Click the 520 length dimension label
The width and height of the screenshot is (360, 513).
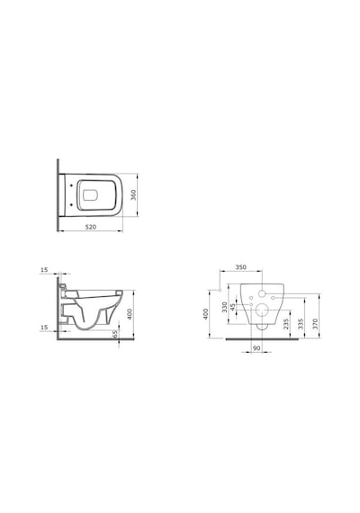tap(91, 227)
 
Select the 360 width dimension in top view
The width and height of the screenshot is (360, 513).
tap(133, 195)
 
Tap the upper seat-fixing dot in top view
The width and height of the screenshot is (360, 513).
tap(71, 186)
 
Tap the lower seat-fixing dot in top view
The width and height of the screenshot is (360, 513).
tap(71, 205)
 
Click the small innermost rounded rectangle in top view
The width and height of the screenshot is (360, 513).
tap(91, 195)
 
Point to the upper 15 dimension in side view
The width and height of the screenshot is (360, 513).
tap(44, 270)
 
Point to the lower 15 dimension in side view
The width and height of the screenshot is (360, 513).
tap(44, 328)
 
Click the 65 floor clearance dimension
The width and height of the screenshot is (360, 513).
tap(114, 335)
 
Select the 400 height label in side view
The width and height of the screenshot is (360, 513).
tap(130, 314)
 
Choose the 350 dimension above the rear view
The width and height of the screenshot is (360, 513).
tap(241, 267)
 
